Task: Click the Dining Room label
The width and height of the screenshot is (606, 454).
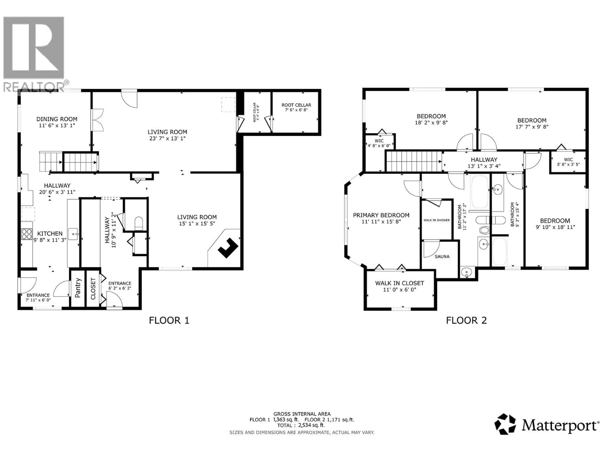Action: (x=57, y=122)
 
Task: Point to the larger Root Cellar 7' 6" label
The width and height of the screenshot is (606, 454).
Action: (x=296, y=107)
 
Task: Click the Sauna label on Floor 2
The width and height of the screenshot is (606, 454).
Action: (x=442, y=256)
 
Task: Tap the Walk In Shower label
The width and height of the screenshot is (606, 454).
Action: (x=436, y=220)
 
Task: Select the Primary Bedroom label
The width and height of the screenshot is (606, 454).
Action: (x=381, y=218)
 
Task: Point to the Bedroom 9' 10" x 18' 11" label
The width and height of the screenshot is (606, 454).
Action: (x=555, y=224)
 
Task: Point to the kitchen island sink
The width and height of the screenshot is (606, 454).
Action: (x=73, y=234)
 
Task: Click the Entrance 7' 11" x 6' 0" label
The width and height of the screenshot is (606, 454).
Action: (x=38, y=297)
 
